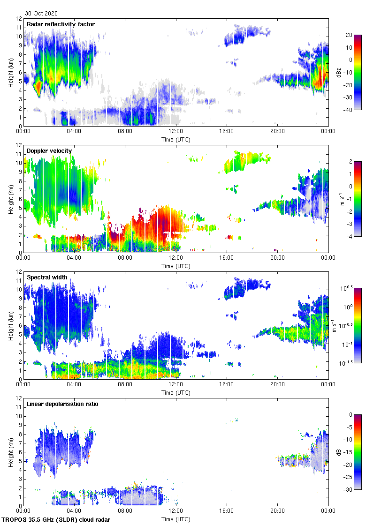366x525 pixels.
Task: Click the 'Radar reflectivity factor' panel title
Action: pyautogui.click(x=61, y=24)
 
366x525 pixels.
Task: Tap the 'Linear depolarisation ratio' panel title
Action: pyautogui.click(x=62, y=404)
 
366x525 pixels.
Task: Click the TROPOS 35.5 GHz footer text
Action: pyautogui.click(x=57, y=520)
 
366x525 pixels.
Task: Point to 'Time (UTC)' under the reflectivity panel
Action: pyautogui.click(x=176, y=139)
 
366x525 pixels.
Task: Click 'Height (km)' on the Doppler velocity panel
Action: pyautogui.click(x=10, y=199)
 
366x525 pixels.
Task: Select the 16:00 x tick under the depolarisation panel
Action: pyautogui.click(x=227, y=510)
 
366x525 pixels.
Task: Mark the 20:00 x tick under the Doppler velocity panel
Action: pyautogui.click(x=277, y=257)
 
